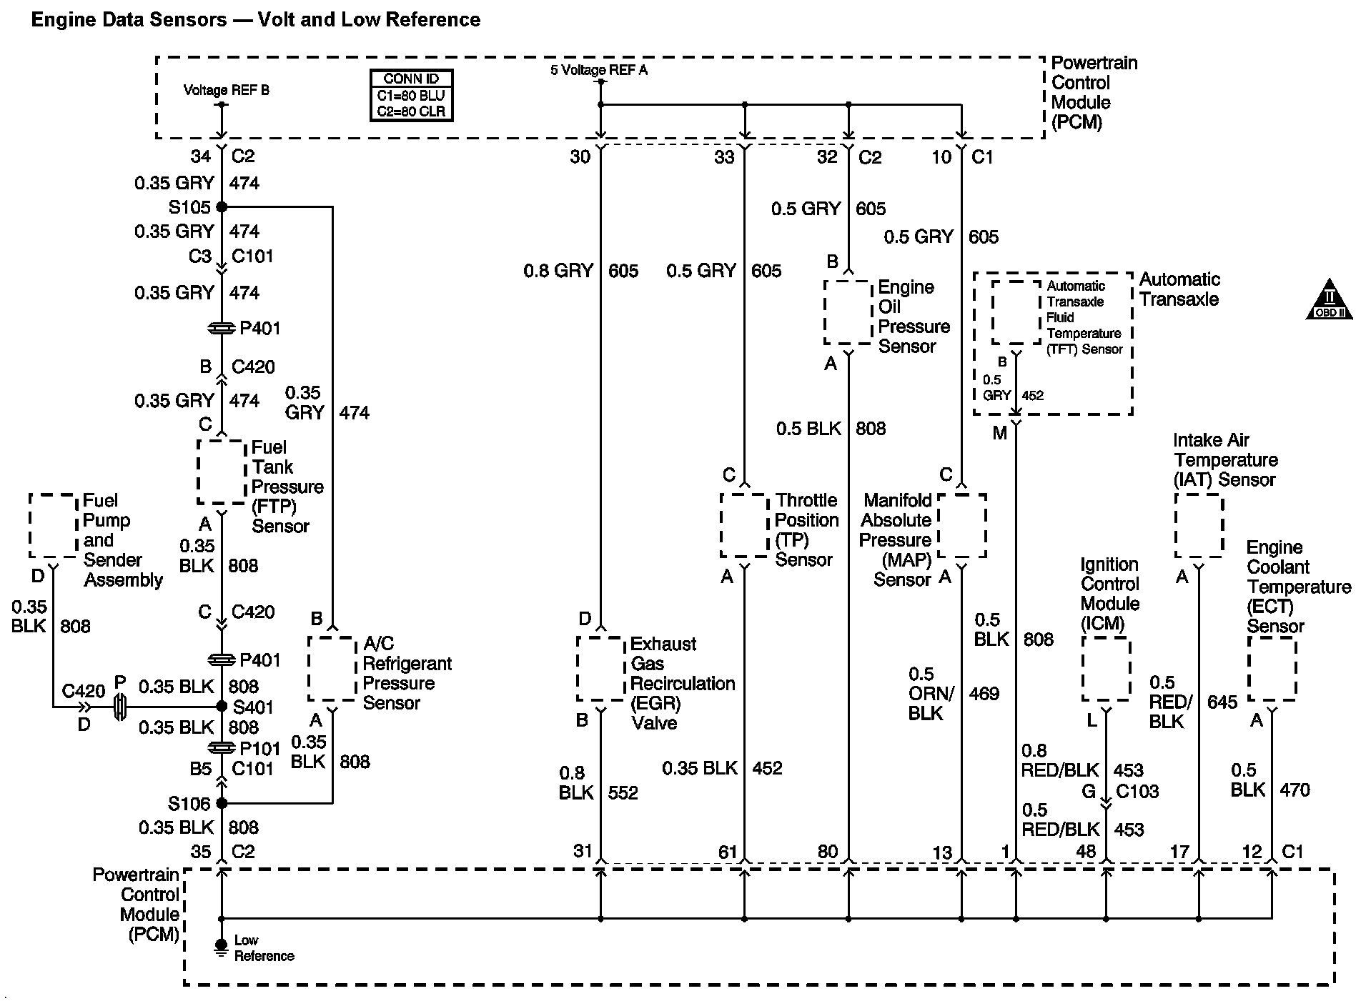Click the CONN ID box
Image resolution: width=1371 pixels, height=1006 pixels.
tap(411, 95)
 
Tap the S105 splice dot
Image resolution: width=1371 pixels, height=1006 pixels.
tap(222, 207)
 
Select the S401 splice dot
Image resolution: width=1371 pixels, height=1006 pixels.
tap(222, 707)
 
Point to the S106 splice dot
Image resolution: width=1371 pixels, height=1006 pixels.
tap(222, 803)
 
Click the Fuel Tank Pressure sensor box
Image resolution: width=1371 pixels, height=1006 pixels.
tap(222, 472)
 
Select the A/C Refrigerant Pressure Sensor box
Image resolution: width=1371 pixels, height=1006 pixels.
tap(332, 669)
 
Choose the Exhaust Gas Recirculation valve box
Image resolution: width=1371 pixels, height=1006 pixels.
tap(600, 669)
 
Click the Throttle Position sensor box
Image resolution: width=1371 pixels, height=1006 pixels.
tap(744, 525)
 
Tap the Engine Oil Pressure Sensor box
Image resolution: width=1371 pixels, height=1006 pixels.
tap(848, 312)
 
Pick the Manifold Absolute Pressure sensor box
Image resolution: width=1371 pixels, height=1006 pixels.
tap(961, 525)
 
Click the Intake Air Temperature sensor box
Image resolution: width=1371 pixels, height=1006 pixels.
tap(1199, 525)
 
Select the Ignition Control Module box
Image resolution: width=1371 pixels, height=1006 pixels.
tap(1106, 669)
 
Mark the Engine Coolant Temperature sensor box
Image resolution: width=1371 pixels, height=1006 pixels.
tap(1272, 669)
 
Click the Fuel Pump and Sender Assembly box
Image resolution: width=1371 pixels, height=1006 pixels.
tap(53, 525)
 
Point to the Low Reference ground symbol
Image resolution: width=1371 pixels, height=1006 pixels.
tap(222, 946)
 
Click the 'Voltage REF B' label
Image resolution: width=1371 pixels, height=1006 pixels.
tap(226, 90)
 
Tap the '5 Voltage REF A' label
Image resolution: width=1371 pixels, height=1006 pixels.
tap(598, 70)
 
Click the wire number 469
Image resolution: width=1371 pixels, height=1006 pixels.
tap(984, 694)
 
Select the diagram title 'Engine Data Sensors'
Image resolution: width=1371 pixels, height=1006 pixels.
tap(129, 19)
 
